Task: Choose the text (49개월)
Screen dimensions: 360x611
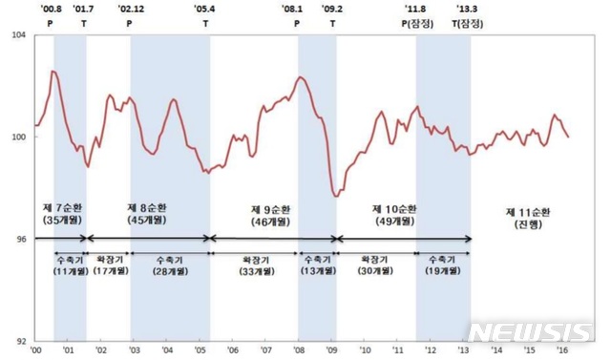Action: click(394, 221)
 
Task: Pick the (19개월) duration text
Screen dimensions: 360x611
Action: click(443, 270)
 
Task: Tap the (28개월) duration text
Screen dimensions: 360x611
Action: click(170, 270)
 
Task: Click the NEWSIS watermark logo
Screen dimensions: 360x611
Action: click(531, 331)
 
